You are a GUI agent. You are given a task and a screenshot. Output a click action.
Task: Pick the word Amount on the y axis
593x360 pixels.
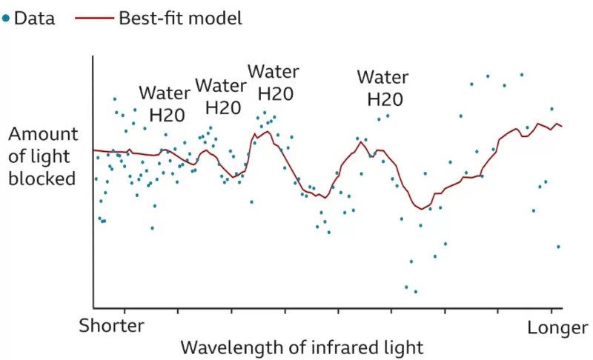coord(42,135)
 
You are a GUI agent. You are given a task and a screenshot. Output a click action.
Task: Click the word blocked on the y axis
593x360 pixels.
coord(42,179)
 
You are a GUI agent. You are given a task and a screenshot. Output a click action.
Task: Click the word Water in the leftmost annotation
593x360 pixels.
coord(165,94)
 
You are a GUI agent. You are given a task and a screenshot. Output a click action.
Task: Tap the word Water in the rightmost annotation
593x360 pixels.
coord(382,76)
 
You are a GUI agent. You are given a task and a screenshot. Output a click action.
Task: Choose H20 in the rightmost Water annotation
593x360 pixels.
coord(385,99)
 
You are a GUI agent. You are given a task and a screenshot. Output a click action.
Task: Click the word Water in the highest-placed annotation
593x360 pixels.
coord(273,72)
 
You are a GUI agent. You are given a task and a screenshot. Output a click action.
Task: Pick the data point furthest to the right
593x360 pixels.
coord(558,247)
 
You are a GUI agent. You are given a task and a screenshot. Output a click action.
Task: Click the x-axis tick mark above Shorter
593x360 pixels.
coord(125,311)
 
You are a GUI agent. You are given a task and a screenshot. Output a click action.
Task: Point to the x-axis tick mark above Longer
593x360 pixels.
coord(551,311)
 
